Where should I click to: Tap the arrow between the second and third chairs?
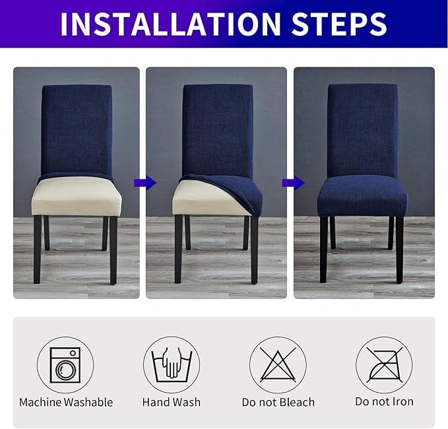click(x=292, y=183)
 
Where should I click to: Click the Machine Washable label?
click(x=66, y=402)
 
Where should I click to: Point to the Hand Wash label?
click(x=171, y=402)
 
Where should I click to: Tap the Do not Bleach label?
click(x=277, y=402)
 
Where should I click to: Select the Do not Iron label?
click(x=383, y=402)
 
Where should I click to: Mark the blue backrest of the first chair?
click(x=77, y=129)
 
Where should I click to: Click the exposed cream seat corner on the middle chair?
click(x=191, y=201)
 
